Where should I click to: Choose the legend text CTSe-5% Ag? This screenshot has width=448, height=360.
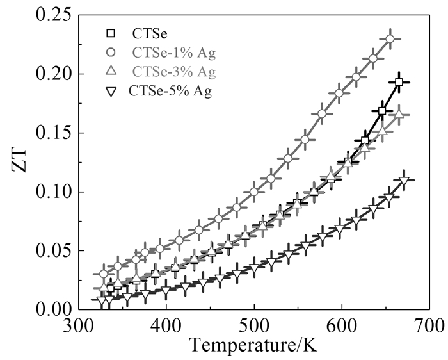(x=170, y=90)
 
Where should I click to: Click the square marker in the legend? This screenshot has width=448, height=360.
(x=110, y=33)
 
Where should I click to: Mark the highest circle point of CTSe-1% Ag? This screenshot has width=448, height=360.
(x=390, y=39)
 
